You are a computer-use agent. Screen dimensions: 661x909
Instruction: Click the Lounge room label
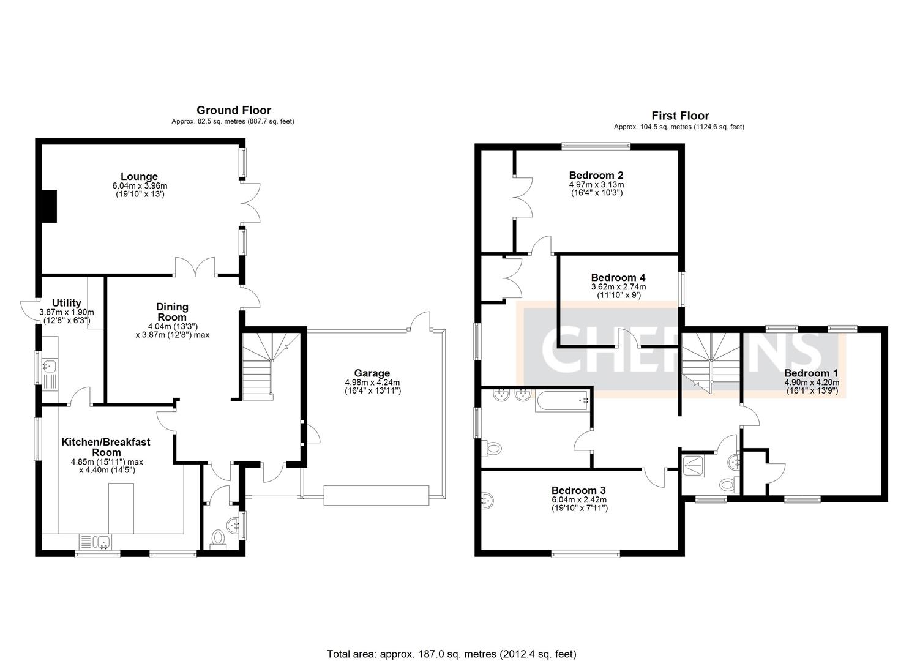point(139,177)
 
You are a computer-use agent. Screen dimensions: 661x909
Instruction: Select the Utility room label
point(67,303)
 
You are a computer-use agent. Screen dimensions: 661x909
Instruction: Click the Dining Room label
point(172,312)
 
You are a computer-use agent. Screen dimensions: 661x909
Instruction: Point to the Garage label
point(372,373)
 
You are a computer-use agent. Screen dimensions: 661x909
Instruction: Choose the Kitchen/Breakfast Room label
point(106,447)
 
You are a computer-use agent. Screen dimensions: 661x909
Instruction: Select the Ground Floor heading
point(233,110)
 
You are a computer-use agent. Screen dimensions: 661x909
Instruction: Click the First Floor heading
point(680,116)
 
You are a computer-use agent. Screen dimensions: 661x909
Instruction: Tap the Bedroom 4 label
point(618,277)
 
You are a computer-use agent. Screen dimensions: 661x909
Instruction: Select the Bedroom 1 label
point(811,373)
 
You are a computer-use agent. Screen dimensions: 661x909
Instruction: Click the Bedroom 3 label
point(578,490)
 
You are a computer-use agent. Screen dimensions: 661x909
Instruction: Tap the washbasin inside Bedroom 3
point(487,500)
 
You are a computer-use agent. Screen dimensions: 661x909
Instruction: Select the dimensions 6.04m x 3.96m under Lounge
point(140,186)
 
